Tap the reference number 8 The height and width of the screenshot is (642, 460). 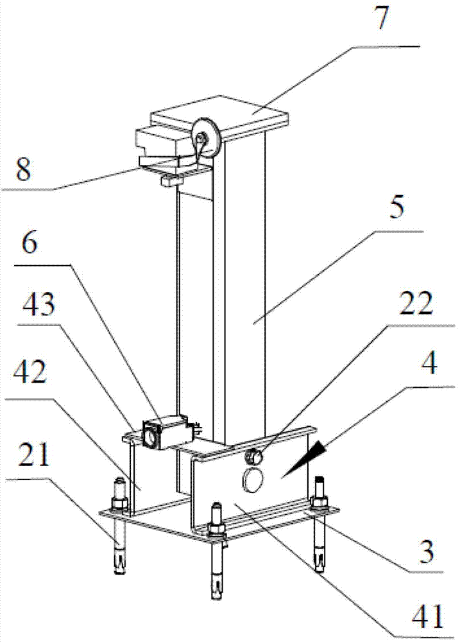23,169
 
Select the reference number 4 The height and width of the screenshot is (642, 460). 428,363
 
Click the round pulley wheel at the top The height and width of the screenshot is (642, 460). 207,139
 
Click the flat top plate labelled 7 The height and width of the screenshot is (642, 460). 220,116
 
